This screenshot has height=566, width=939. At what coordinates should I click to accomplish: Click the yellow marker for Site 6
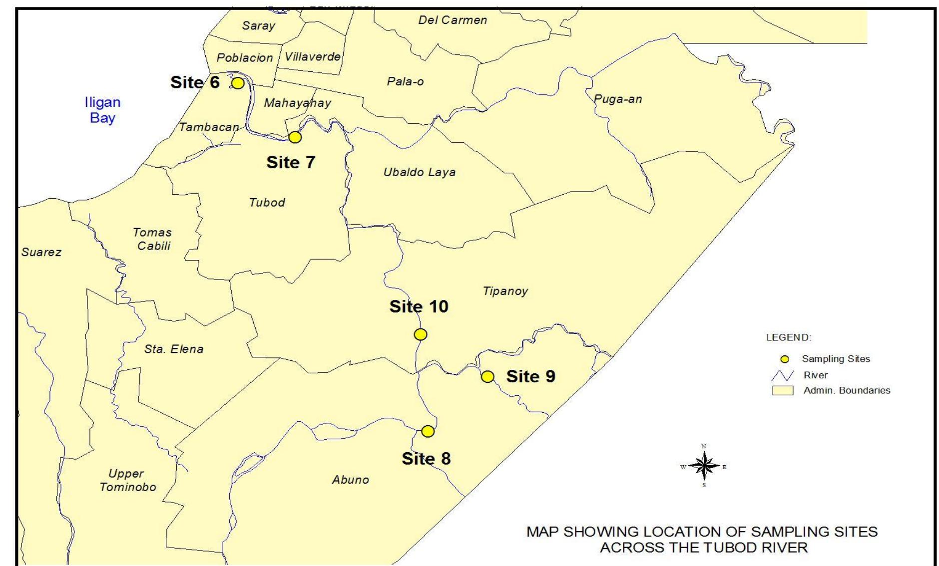point(238,83)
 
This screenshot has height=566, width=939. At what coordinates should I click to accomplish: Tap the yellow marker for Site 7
point(295,137)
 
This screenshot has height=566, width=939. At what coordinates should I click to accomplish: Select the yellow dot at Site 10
point(421,334)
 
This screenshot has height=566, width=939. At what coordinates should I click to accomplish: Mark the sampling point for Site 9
point(487,376)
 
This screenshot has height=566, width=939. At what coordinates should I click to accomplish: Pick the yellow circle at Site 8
point(428,431)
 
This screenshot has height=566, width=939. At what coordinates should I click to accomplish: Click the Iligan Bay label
point(102,110)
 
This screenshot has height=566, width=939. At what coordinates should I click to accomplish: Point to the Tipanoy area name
point(505,291)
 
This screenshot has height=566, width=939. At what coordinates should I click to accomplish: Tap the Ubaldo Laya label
point(419,172)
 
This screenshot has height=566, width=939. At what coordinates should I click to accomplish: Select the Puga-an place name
point(618,99)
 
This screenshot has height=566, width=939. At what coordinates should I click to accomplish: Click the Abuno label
point(350,480)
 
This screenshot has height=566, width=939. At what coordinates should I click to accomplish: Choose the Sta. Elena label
point(174,349)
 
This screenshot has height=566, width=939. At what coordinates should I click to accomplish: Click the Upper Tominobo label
point(127,480)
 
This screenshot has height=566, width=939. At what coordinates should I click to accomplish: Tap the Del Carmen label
point(452,20)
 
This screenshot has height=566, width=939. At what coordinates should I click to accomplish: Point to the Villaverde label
point(313,56)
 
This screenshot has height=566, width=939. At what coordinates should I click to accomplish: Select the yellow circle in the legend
point(785,359)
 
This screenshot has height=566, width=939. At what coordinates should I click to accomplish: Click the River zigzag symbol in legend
point(782,375)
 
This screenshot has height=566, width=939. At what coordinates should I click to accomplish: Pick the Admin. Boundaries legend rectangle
point(783,390)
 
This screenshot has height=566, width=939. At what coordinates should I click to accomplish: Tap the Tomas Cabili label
point(153,239)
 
